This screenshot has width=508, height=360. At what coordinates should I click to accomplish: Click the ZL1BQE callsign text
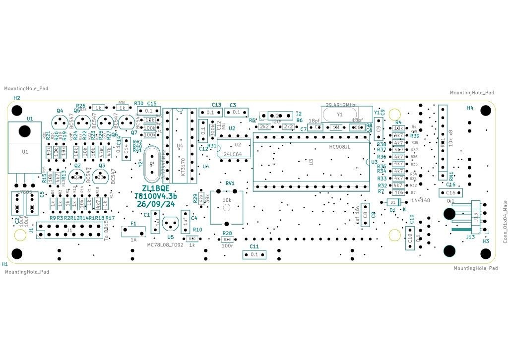(x=156, y=188)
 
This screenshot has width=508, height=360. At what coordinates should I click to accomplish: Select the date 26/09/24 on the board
(x=156, y=204)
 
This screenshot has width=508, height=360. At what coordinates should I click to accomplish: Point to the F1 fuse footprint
(x=133, y=231)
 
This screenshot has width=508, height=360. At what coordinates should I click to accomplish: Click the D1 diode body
(x=393, y=202)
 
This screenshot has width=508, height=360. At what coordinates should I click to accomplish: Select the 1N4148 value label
(x=420, y=200)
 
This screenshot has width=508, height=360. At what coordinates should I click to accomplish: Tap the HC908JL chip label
(x=340, y=147)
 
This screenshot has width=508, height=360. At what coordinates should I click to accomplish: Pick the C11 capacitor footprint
(x=254, y=254)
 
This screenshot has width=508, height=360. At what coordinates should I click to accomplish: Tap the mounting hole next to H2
(x=17, y=110)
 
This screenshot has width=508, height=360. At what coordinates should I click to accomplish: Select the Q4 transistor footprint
(x=60, y=122)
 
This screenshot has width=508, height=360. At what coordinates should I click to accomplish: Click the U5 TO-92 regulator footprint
(x=171, y=223)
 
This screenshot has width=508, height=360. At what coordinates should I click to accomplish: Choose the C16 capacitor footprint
(x=451, y=192)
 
